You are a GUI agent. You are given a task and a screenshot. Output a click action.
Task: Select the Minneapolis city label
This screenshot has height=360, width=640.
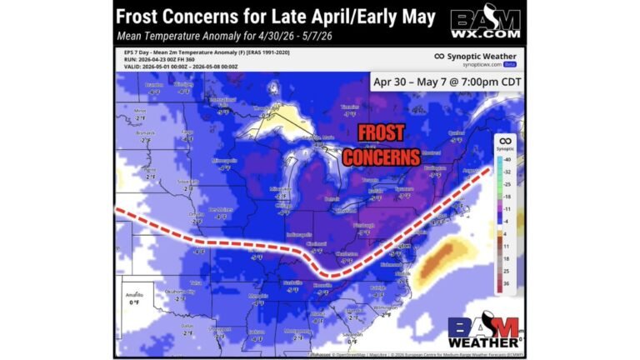[x=224, y=159]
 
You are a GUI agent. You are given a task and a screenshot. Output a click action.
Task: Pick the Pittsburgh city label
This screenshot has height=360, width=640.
[x=364, y=225]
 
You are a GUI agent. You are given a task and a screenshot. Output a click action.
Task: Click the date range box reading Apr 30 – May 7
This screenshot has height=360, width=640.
[x=445, y=82]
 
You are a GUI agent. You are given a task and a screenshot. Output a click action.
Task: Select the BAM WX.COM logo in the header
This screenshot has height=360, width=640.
[x=485, y=22]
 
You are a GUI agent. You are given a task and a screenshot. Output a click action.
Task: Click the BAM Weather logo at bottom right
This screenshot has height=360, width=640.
[x=483, y=332]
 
